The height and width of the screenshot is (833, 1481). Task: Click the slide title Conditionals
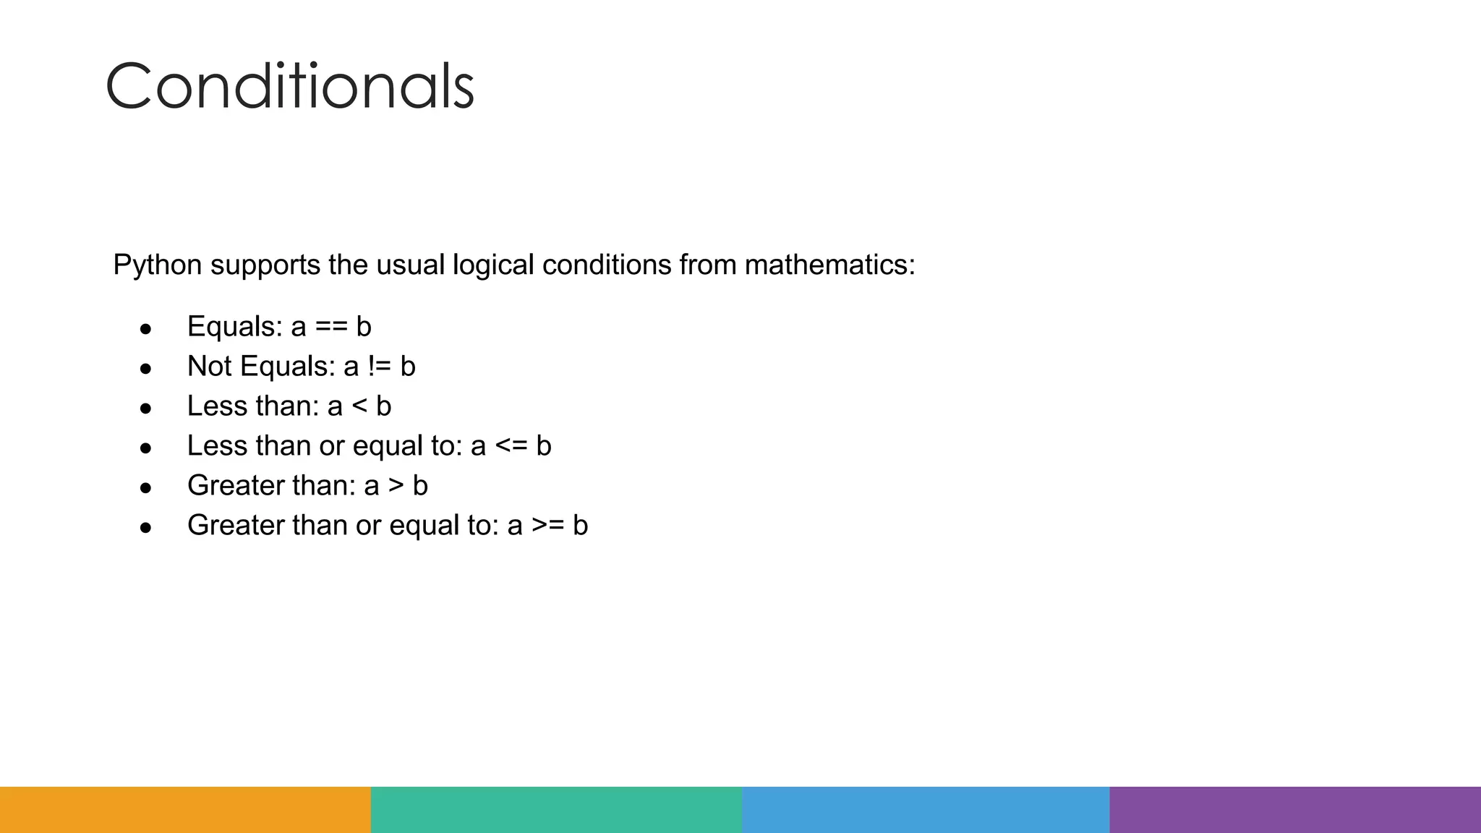pos(289,87)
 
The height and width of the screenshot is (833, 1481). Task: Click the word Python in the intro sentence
pos(157,265)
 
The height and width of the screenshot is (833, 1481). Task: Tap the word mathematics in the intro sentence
pos(829,265)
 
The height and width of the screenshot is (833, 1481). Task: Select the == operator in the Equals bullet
pos(331,328)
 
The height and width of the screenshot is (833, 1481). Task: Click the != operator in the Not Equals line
pos(380,367)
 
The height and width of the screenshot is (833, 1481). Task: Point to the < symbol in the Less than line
pos(359,407)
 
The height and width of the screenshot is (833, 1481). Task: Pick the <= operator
pos(511,447)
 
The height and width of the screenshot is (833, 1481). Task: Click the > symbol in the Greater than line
pos(396,486)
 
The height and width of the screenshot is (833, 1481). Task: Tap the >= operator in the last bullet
pos(548,526)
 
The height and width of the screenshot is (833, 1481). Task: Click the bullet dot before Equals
pos(146,330)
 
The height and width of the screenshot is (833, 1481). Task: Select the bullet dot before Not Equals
pos(146,369)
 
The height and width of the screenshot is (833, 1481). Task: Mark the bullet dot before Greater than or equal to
pos(146,529)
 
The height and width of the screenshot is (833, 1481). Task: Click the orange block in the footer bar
pos(185,810)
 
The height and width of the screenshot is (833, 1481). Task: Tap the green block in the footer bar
pos(556,810)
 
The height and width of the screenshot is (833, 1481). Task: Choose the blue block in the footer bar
pos(926,810)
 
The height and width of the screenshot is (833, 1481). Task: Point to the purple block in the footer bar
pos(1295,810)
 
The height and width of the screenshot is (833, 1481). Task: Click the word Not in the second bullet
pos(209,367)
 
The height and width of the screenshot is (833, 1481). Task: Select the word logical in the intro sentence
pos(493,265)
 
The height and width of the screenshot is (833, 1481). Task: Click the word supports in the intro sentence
pos(265,266)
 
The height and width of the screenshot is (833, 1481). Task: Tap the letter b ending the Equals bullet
pos(364,327)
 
